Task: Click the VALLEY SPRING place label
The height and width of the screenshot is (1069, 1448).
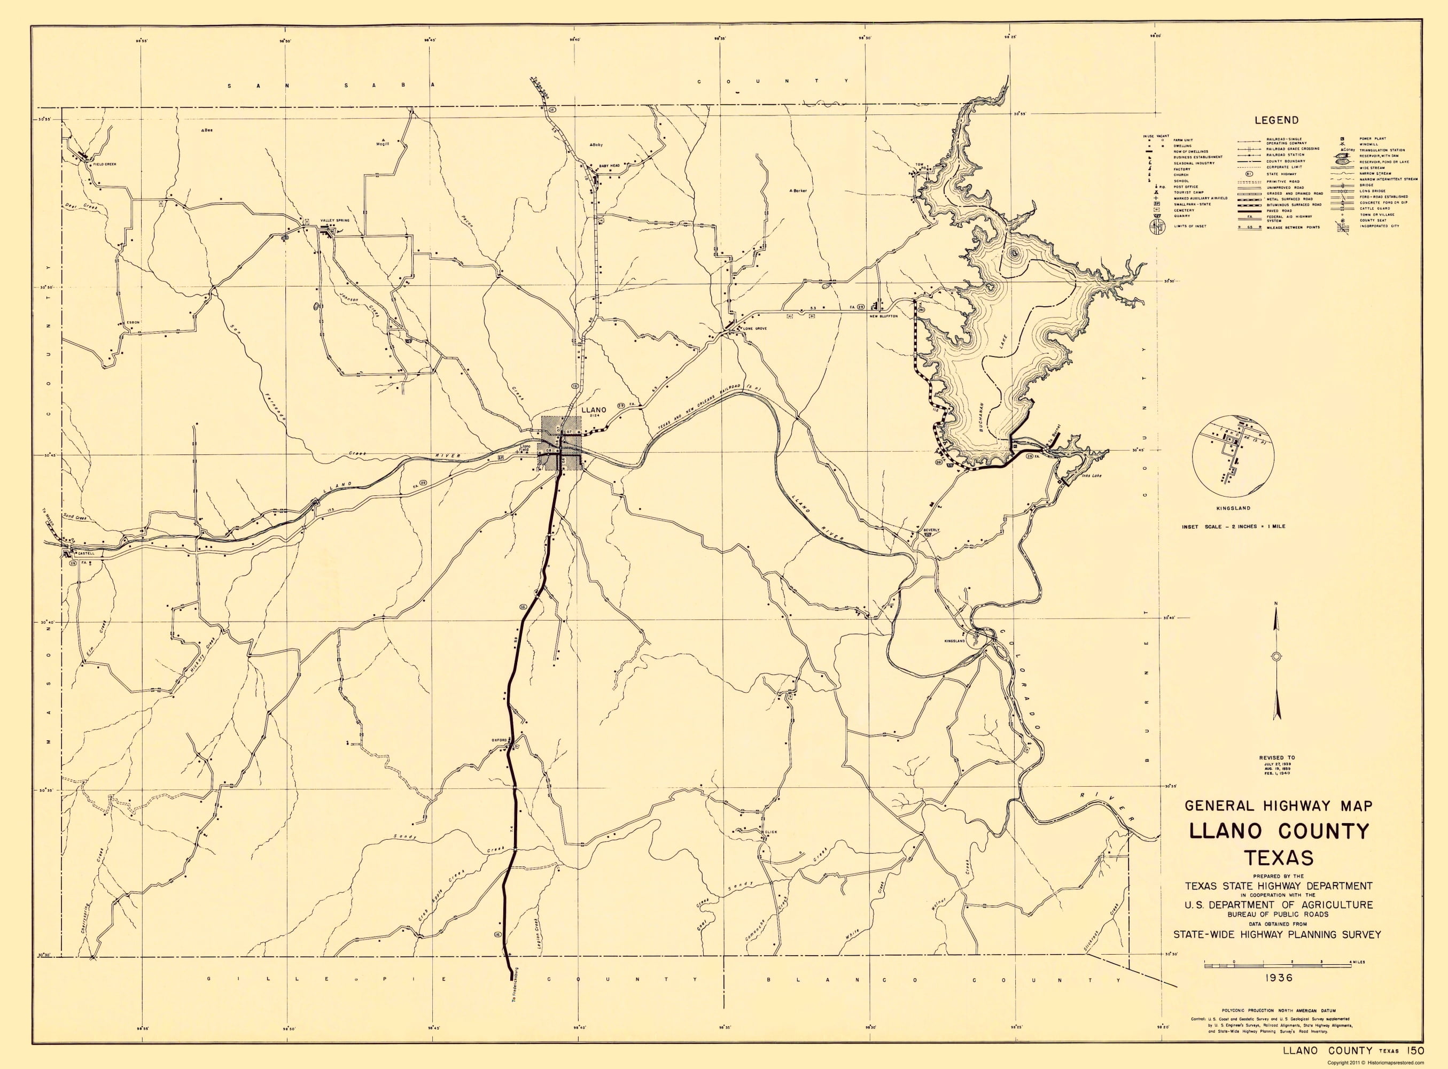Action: click(x=334, y=221)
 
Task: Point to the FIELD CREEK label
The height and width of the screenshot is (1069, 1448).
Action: click(x=104, y=165)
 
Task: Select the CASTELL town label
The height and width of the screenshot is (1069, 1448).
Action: click(x=85, y=553)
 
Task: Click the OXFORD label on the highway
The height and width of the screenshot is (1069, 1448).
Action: click(x=499, y=739)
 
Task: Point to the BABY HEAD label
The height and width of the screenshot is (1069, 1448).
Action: click(x=609, y=166)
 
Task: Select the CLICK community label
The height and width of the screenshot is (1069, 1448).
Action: click(x=770, y=832)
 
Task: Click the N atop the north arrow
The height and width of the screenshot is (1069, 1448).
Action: click(x=1275, y=604)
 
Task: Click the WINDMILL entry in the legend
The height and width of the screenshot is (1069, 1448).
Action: click(x=1368, y=144)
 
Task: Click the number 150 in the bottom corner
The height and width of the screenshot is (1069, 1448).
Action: click(x=1411, y=1050)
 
